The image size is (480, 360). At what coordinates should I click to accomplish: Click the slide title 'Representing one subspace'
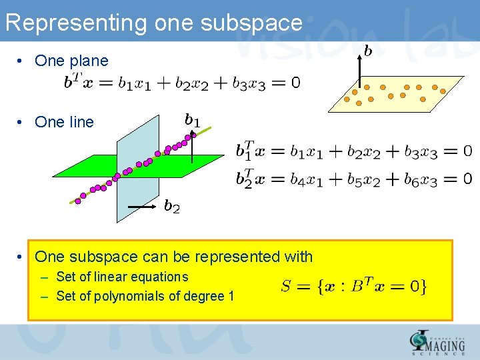coord(153,23)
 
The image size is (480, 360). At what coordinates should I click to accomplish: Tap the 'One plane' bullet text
coord(71,61)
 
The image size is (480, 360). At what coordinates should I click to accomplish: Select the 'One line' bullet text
coord(64,122)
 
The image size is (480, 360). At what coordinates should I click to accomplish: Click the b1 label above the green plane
coord(192,120)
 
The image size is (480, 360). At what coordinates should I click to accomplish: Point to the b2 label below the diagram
coord(172,207)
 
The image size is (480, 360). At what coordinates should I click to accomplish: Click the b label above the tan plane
coord(367,51)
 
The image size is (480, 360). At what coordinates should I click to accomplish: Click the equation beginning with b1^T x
coord(353,151)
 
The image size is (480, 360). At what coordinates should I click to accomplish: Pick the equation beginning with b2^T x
coord(353,179)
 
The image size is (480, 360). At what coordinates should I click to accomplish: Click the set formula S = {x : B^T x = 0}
coord(354,287)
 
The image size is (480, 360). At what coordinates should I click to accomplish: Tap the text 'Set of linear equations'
coord(122,277)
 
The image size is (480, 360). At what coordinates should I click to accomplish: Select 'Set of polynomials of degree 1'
coord(145,296)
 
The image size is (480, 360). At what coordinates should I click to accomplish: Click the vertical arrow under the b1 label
coord(192,147)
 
